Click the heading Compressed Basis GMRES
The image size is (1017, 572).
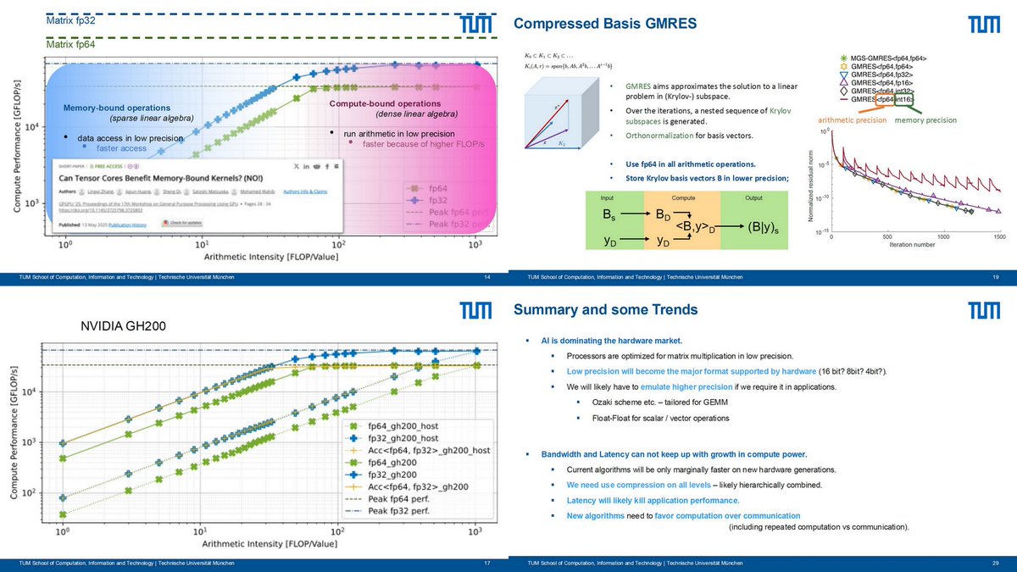coord(606,25)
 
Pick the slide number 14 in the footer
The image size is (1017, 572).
coord(486,277)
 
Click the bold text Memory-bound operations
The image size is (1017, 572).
coord(116,108)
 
